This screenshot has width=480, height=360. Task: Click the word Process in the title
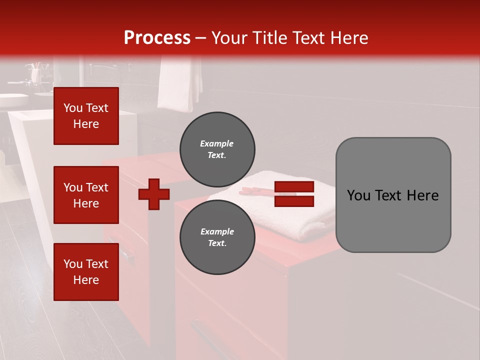click(x=157, y=38)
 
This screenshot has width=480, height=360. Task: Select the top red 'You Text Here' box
click(x=86, y=116)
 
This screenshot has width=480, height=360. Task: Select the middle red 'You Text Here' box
click(x=86, y=195)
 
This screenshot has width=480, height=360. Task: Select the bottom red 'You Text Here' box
click(x=86, y=271)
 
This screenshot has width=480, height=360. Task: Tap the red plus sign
click(x=154, y=194)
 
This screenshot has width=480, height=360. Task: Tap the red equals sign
click(x=294, y=194)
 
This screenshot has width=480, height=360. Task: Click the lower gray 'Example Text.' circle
click(x=217, y=237)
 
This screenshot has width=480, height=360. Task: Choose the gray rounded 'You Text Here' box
click(x=393, y=195)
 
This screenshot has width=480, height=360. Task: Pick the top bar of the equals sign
click(x=294, y=187)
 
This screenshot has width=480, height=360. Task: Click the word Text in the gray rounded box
click(x=392, y=195)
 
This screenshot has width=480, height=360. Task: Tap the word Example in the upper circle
click(x=217, y=143)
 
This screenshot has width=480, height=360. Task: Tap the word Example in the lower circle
click(x=217, y=231)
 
